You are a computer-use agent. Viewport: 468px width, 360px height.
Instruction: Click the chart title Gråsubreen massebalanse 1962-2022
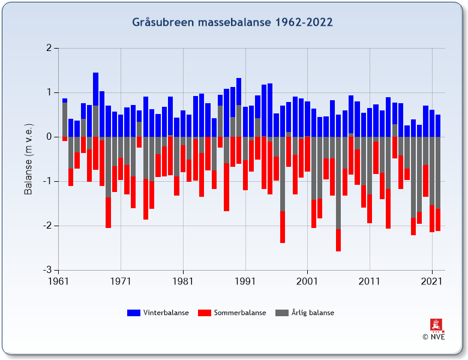click(x=232, y=23)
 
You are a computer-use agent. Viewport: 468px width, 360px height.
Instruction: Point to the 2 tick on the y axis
click(x=48, y=48)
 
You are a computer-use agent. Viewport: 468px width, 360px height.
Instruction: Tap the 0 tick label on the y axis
click(x=48, y=137)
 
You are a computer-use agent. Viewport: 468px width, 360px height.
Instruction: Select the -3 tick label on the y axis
click(x=46, y=270)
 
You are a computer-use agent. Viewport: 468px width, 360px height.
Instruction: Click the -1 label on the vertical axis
click(x=46, y=181)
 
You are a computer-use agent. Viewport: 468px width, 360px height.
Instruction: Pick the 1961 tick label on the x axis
click(x=59, y=281)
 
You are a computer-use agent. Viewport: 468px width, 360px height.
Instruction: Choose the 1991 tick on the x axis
click(x=245, y=281)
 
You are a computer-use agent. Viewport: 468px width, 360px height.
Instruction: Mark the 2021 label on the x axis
click(x=432, y=281)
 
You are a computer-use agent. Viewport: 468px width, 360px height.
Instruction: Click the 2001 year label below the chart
click(x=307, y=281)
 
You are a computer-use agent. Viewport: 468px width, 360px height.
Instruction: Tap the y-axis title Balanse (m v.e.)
click(x=28, y=159)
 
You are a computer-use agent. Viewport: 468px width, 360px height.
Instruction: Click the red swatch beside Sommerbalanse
click(x=205, y=313)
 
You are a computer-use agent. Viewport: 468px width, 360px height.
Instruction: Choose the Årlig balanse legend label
click(x=313, y=313)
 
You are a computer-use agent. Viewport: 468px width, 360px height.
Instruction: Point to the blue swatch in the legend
click(x=134, y=313)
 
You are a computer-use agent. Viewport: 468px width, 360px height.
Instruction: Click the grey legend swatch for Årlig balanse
click(x=282, y=313)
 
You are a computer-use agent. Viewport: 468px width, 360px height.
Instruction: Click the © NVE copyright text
click(x=434, y=337)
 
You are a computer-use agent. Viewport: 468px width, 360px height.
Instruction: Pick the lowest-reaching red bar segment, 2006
click(x=338, y=240)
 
